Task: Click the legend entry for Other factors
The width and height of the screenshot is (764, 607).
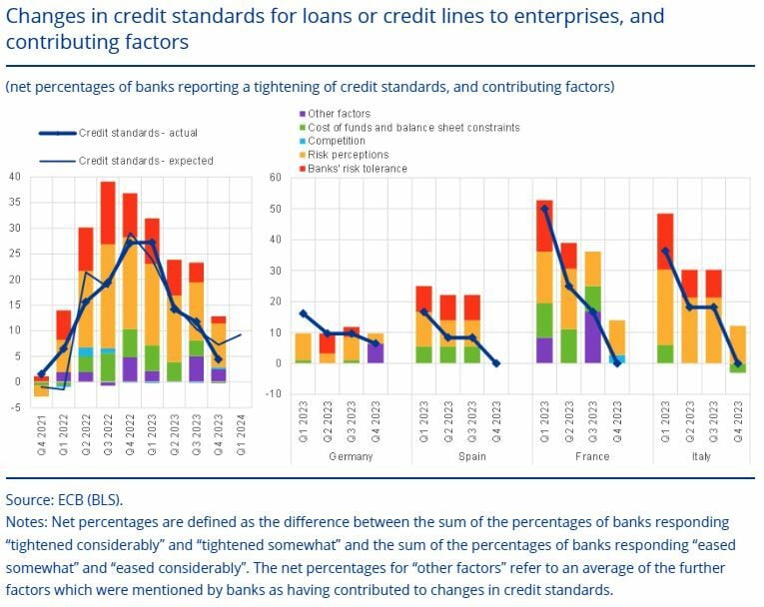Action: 341,115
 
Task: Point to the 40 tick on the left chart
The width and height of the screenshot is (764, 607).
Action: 14,177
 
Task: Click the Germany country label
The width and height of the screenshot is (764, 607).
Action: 351,456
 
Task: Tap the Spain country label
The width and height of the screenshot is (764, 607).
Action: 471,456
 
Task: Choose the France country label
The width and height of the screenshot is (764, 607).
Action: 591,456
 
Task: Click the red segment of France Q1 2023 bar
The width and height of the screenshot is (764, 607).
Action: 545,225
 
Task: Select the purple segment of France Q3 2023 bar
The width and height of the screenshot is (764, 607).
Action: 593,337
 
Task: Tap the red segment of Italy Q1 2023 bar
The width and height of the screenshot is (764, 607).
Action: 665,241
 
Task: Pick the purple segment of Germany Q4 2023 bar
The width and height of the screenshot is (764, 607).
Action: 375,352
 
